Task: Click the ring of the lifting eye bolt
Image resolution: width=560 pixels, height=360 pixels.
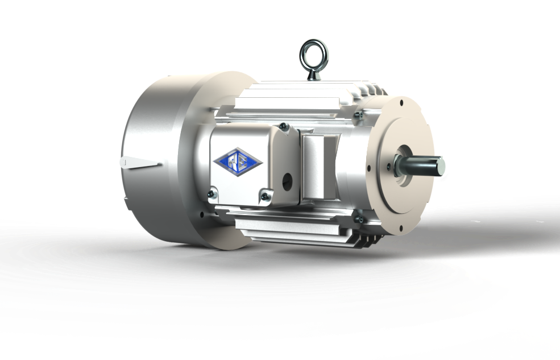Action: point(314,51)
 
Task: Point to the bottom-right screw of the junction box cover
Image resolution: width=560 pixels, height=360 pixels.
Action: point(265,196)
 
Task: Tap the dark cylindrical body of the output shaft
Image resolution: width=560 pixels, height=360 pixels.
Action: point(418,166)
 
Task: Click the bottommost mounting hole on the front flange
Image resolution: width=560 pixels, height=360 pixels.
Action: point(402,229)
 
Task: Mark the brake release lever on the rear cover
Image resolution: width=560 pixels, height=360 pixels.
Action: point(139,163)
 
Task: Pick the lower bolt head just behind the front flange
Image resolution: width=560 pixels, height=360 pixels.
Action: point(359,218)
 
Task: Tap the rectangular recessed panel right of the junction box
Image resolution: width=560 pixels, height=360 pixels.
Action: point(313,165)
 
